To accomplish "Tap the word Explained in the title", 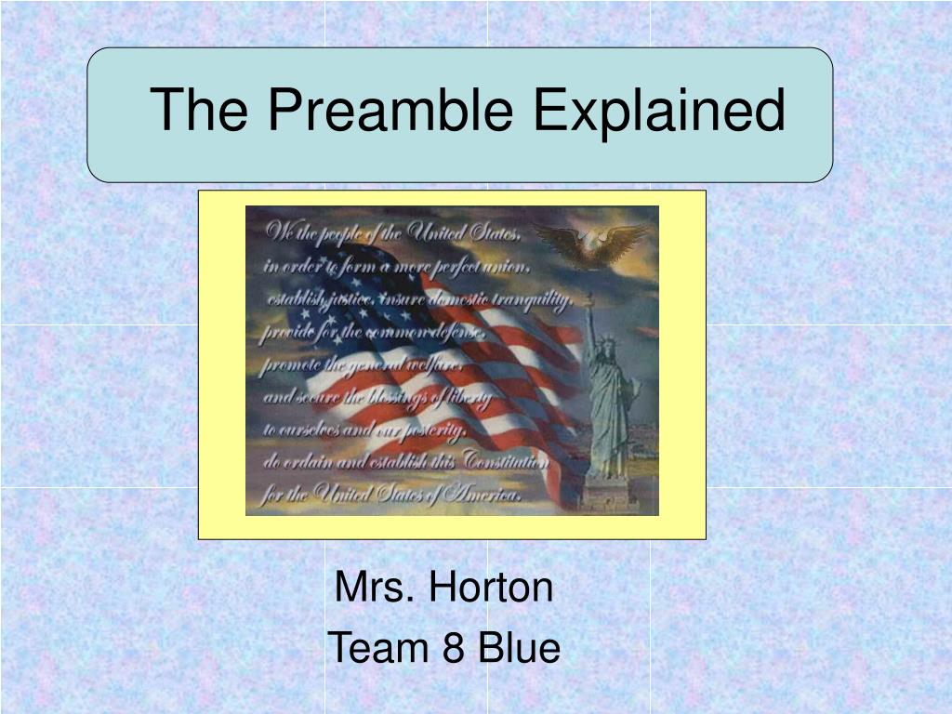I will (659, 109).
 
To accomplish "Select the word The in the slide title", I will (198, 109).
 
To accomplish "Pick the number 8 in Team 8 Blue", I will (454, 648).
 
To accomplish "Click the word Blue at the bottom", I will (519, 648).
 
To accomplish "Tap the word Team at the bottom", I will (379, 648).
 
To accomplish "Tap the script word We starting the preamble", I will (278, 233).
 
